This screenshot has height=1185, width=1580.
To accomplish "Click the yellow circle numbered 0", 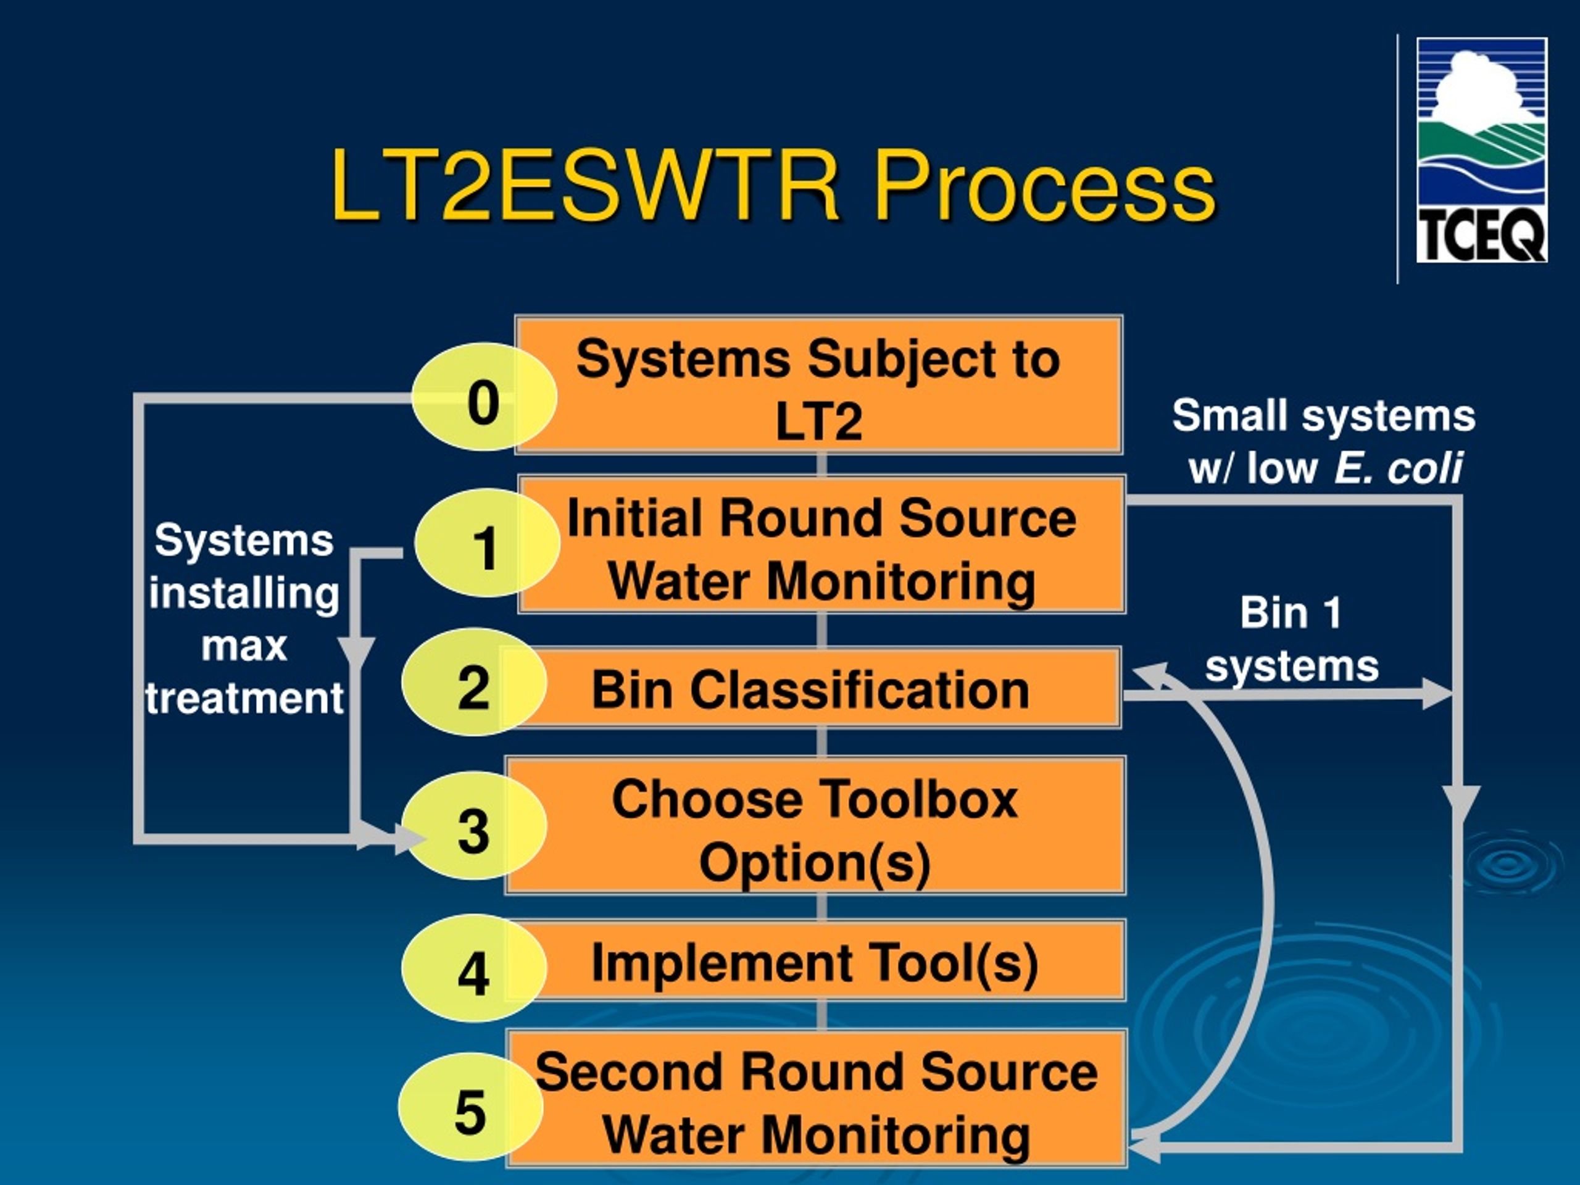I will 484,397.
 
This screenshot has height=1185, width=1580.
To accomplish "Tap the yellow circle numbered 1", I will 486,544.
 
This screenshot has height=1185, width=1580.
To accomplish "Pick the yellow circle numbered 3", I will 474,826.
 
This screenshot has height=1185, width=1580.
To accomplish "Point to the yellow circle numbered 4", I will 474,968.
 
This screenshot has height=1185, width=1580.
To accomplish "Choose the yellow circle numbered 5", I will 471,1107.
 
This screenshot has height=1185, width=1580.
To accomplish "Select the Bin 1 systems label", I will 1291,639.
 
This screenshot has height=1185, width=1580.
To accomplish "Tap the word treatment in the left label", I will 244,698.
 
